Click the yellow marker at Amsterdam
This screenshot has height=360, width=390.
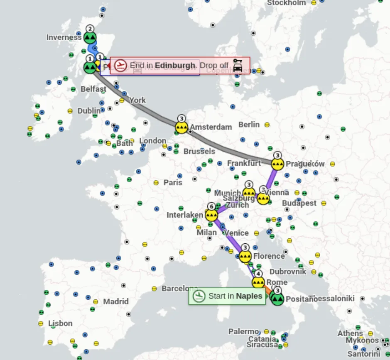point(182,127)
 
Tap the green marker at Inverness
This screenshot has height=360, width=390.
point(90,37)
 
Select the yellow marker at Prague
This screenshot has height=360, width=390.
point(278,164)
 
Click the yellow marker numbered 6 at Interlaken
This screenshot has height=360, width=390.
point(211,215)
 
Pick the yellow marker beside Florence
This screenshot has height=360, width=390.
point(245,256)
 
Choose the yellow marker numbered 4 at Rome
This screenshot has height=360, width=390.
point(258,282)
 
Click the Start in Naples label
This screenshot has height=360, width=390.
point(235,296)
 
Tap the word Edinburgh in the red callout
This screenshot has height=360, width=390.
point(175,65)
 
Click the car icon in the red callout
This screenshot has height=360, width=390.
point(238,65)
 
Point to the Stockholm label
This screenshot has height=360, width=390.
point(287,3)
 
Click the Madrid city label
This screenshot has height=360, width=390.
point(116,301)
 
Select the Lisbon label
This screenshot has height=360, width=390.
point(60,323)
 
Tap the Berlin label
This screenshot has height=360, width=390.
point(249,124)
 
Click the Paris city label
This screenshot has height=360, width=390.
point(173,182)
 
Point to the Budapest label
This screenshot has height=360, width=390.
point(299,203)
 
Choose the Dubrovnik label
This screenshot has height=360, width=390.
point(288,272)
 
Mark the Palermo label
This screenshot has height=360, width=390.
point(244,331)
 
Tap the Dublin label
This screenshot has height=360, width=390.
point(89,111)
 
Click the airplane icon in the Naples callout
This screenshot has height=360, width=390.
point(200,296)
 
